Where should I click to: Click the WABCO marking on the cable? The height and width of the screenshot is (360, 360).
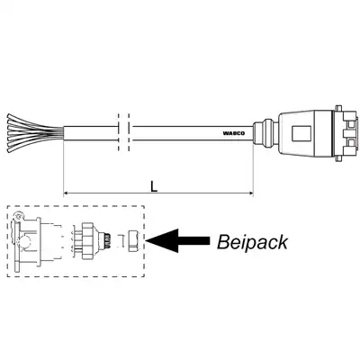point(234,133)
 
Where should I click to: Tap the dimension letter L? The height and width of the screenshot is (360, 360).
point(154,186)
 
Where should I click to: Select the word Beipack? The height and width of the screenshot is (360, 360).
point(252,242)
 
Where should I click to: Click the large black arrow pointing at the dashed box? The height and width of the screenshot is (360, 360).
point(177,240)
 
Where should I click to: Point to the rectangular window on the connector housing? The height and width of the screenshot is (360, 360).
point(301,133)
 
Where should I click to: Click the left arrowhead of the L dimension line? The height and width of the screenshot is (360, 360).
point(67,193)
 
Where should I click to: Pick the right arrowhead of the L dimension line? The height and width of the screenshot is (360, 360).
point(250,193)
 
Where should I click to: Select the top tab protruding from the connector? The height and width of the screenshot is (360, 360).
point(338,107)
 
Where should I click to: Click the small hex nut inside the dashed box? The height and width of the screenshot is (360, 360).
point(133,240)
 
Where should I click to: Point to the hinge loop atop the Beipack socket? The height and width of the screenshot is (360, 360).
point(19,216)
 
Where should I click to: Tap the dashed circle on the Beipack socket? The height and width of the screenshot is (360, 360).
point(23,240)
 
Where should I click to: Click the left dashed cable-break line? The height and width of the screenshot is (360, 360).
point(119,132)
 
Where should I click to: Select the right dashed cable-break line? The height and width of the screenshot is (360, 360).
point(129,132)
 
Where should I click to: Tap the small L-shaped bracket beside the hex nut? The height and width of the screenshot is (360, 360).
point(122,240)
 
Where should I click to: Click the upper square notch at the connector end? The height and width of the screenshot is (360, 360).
point(350,124)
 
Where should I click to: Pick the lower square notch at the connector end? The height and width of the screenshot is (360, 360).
point(350,141)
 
